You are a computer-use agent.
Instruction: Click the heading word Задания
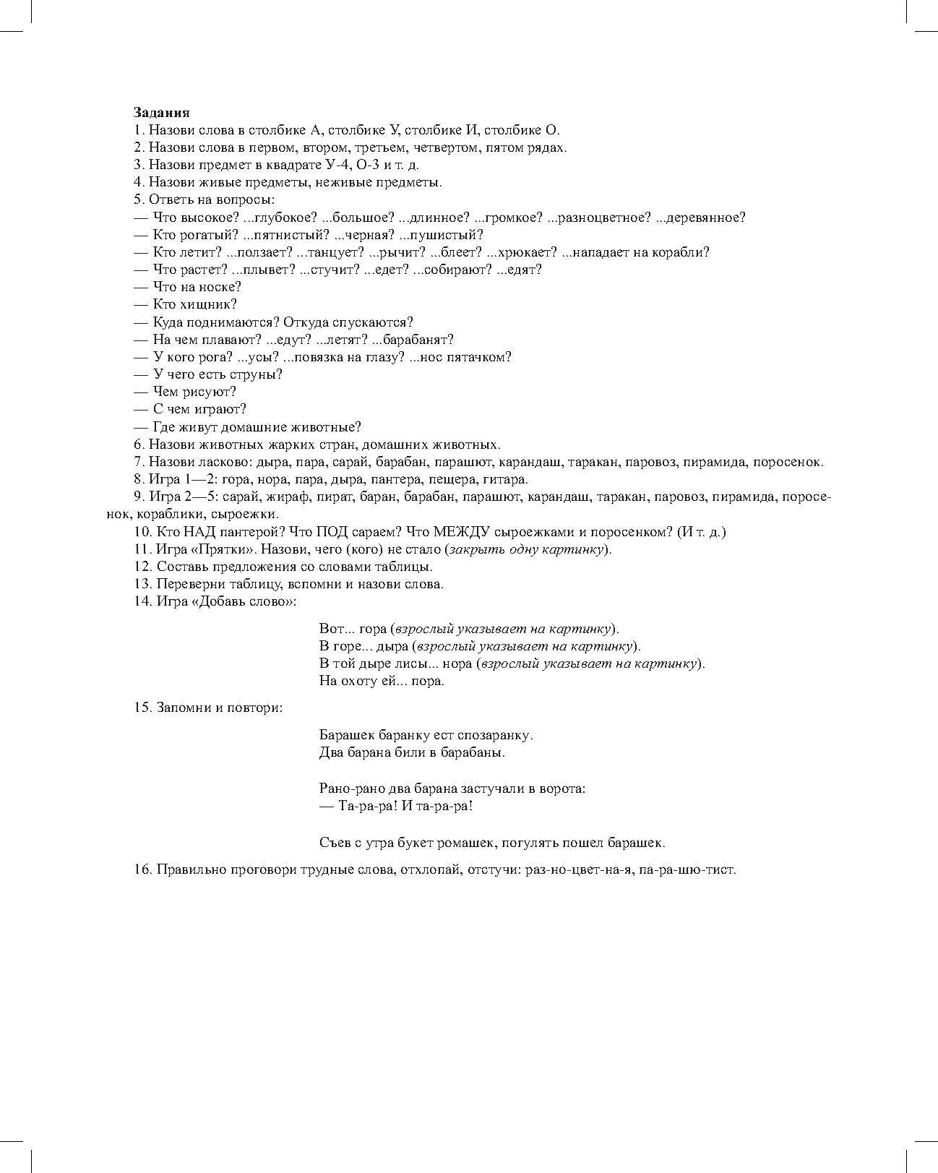(x=161, y=112)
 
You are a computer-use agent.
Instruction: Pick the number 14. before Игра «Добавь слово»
(x=142, y=601)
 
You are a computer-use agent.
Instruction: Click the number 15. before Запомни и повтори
(x=142, y=708)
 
